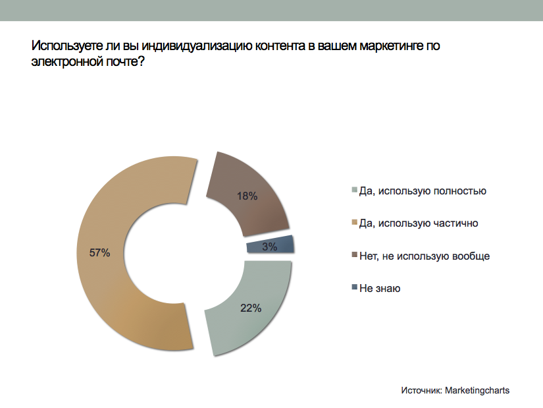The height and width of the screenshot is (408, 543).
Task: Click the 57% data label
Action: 100,252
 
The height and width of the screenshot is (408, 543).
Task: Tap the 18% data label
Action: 247,196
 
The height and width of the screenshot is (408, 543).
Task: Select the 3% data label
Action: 269,247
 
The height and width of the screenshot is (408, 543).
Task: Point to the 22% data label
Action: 251,307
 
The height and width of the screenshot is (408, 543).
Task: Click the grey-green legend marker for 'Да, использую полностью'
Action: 355,191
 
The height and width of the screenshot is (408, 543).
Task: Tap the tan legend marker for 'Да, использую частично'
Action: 355,223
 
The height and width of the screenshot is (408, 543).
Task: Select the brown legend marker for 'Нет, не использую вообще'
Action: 355,255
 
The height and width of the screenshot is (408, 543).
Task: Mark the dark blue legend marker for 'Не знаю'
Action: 355,287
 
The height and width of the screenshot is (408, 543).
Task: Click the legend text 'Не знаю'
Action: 380,288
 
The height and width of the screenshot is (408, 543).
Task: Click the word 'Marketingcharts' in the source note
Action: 477,390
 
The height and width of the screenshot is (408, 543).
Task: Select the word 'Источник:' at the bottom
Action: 421,390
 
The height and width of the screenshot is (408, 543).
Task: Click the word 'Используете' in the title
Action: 62,46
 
